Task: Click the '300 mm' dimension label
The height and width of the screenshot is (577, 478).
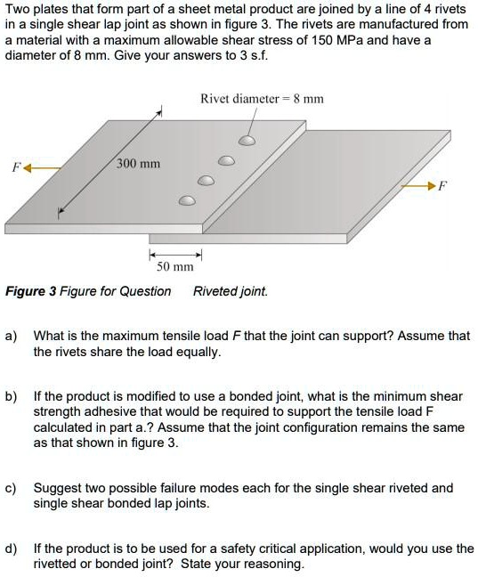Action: point(138,164)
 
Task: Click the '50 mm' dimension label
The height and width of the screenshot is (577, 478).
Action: point(175,267)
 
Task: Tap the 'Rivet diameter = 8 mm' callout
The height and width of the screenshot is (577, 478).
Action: point(262,99)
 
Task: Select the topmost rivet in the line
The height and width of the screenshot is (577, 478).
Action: point(247,141)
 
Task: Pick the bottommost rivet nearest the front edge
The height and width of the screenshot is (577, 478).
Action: point(187,200)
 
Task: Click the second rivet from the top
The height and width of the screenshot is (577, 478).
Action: point(227,161)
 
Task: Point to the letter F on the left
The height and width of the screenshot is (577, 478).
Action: point(14,167)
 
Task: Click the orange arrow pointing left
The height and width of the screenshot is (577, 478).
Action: point(44,167)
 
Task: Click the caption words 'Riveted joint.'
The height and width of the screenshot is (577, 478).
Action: point(230,291)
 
